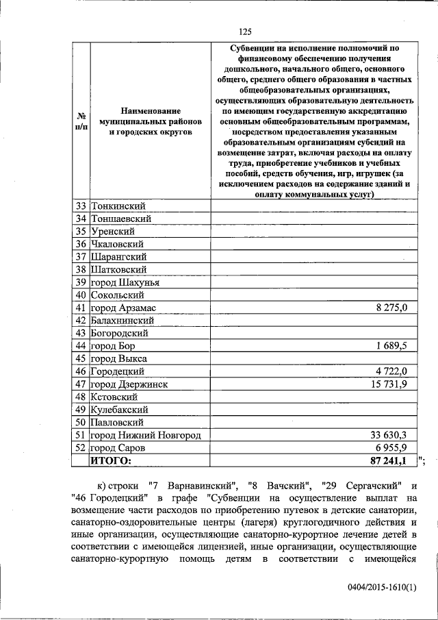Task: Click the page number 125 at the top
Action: pyautogui.click(x=246, y=31)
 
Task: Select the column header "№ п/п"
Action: pyautogui.click(x=80, y=121)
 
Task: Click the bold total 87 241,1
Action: pyautogui.click(x=389, y=461)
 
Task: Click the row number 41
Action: pyautogui.click(x=81, y=308)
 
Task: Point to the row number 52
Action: pyautogui.click(x=81, y=447)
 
